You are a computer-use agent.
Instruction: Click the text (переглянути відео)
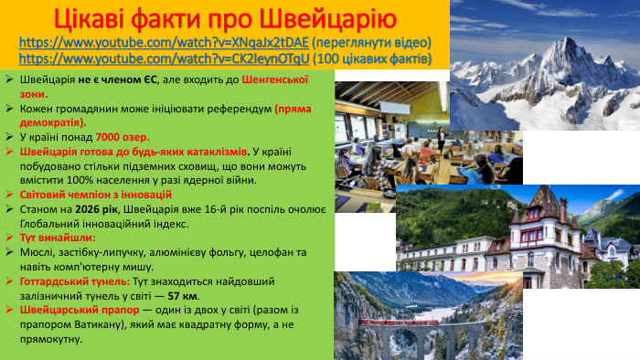(x=370, y=43)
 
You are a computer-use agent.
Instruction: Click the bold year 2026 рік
(x=96, y=209)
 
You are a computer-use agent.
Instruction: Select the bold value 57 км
(x=183, y=296)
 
